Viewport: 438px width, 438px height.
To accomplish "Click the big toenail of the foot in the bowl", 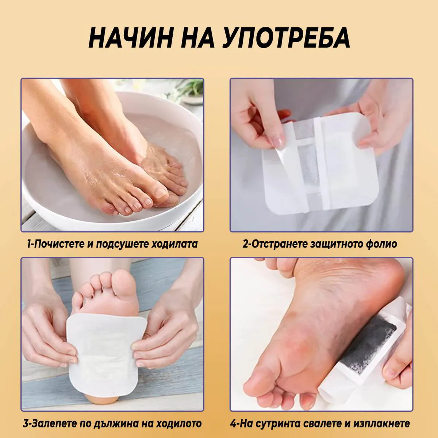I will click(x=161, y=192).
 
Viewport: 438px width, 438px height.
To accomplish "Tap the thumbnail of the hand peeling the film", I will click(x=277, y=140).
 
